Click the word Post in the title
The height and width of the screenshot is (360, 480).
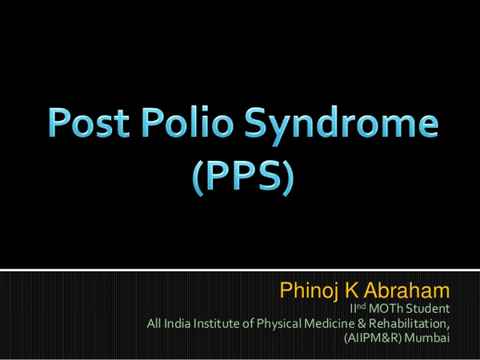(89, 122)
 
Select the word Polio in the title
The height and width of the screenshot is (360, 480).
(186, 122)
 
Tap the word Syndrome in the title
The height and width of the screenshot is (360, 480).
(342, 125)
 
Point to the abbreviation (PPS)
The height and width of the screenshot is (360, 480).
(243, 178)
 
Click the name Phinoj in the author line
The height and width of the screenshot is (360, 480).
(310, 291)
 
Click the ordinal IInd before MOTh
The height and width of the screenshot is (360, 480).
(358, 308)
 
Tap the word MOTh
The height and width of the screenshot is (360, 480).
(386, 309)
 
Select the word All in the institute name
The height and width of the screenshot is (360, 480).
(154, 323)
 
